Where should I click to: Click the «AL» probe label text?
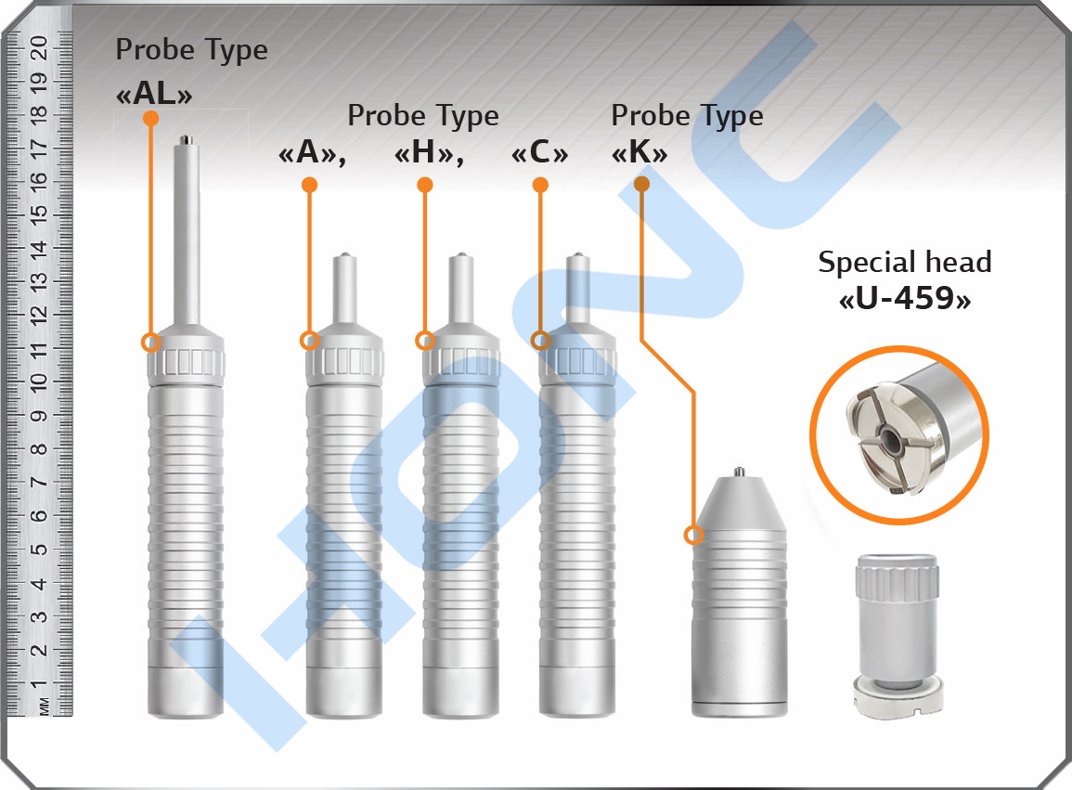[x=154, y=94]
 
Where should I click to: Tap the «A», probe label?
[x=312, y=152]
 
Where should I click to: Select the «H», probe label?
[x=430, y=152]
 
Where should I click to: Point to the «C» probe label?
[x=539, y=152]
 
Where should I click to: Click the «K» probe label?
[x=639, y=152]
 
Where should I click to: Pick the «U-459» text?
[x=905, y=298]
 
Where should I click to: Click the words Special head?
[x=905, y=262]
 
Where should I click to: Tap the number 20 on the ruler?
[x=40, y=48]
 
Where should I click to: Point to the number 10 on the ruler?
[x=40, y=381]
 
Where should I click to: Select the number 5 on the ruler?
[x=40, y=550]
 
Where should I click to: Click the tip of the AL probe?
[x=186, y=139]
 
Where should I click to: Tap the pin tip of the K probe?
[x=739, y=472]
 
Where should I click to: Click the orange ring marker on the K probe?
[x=694, y=535]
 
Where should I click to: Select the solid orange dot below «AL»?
[x=151, y=118]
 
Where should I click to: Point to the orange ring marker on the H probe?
[x=425, y=341]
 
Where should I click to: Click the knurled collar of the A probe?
[x=344, y=362]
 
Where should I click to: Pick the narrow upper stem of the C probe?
[x=578, y=287]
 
